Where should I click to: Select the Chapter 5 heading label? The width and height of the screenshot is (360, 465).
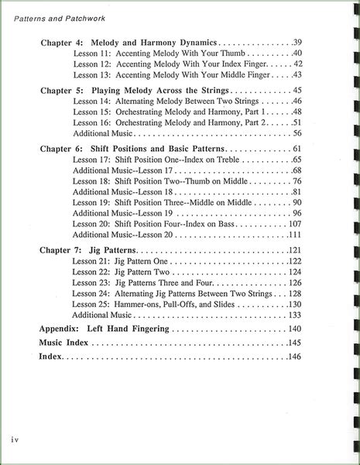62,90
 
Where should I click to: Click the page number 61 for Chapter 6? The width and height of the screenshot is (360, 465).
297,148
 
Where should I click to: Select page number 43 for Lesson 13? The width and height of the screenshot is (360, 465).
297,74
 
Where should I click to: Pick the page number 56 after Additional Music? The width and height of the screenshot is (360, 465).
297,134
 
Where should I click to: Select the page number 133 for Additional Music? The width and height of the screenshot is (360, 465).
294,315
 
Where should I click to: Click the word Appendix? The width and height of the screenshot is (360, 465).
64,329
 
